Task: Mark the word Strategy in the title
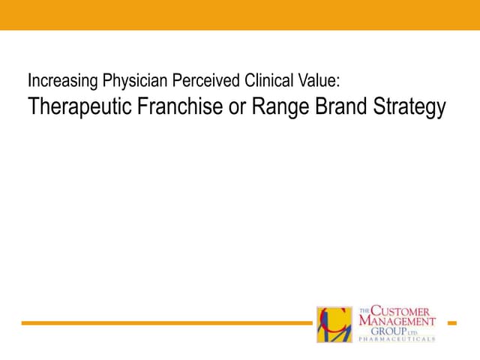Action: tap(412, 107)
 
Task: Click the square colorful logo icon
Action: tap(334, 324)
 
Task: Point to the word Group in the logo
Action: tap(392, 331)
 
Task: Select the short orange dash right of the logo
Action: tap(451, 323)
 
